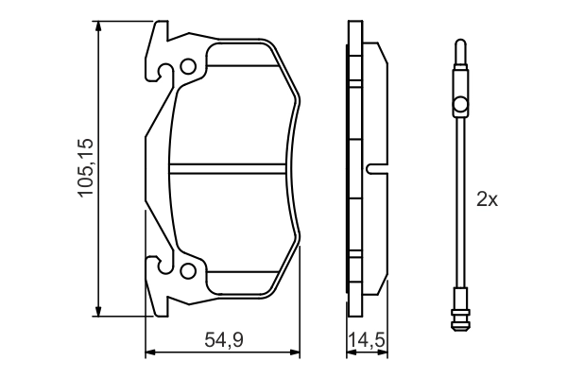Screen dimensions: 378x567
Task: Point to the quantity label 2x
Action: pyautogui.click(x=486, y=199)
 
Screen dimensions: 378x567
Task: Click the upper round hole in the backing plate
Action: pyautogui.click(x=188, y=67)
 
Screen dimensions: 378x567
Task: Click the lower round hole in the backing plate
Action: pyautogui.click(x=188, y=272)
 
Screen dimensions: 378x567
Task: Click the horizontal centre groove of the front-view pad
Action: pyautogui.click(x=229, y=171)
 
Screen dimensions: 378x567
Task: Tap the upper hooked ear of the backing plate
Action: pyautogui.click(x=157, y=43)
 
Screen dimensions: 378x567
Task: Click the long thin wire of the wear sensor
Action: pyautogui.click(x=459, y=198)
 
